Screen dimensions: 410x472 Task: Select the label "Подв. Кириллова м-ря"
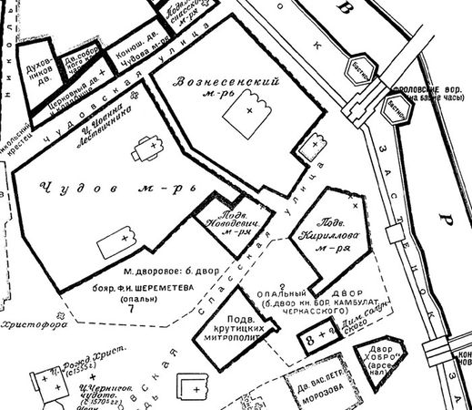click(x=335, y=234)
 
